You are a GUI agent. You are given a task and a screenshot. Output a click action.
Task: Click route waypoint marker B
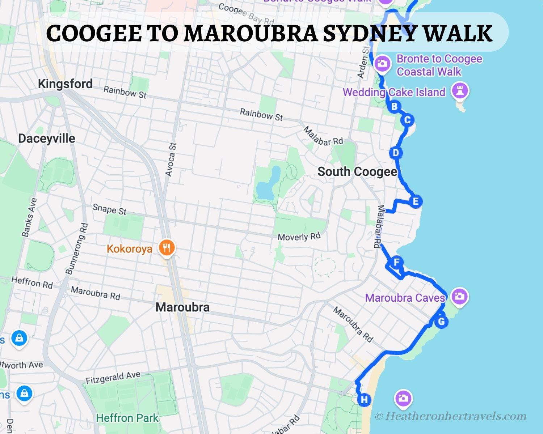pyautogui.click(x=394, y=107)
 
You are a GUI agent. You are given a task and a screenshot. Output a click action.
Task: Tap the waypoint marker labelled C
pyautogui.click(x=407, y=120)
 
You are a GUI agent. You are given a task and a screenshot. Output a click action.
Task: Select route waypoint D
pyautogui.click(x=396, y=153)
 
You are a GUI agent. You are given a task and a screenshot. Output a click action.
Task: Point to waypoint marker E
pyautogui.click(x=416, y=201)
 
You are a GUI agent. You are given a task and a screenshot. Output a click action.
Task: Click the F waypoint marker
pyautogui.click(x=397, y=262)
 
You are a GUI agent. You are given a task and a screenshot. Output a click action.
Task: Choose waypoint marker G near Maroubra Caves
pyautogui.click(x=441, y=322)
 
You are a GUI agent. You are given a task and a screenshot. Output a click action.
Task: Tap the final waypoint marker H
pyautogui.click(x=364, y=400)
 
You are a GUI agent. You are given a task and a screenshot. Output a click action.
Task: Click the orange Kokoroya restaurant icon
pyautogui.click(x=167, y=248)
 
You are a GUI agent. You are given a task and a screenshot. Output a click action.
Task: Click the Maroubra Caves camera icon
pyautogui.click(x=459, y=297)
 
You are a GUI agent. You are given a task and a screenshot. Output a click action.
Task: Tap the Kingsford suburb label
pyautogui.click(x=65, y=84)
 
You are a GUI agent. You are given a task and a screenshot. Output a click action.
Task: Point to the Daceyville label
pyautogui.click(x=47, y=139)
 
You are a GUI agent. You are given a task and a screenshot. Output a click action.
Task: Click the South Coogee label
pyautogui.click(x=357, y=171)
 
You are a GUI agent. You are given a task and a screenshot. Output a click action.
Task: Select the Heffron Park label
pyautogui.click(x=127, y=418)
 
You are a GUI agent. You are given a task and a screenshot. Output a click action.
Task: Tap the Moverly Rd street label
pyautogui.click(x=299, y=237)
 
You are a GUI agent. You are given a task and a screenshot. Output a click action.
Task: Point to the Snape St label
pyautogui.click(x=109, y=209)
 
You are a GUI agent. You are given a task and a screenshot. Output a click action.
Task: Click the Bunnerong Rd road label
pyautogui.click(x=76, y=248)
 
